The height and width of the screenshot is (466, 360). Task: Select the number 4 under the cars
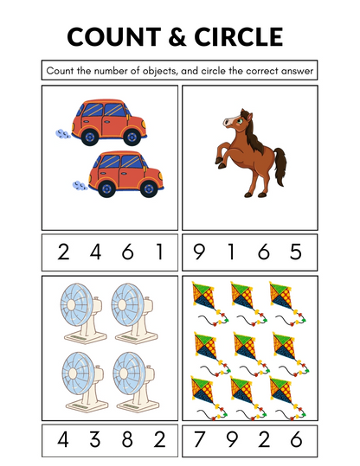(x=95, y=252)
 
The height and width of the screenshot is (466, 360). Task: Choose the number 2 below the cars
(x=62, y=252)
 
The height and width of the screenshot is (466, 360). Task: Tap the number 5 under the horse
(x=297, y=252)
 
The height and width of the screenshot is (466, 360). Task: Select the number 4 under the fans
(x=62, y=439)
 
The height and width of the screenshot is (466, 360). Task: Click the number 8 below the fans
(x=127, y=439)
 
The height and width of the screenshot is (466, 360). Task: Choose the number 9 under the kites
(x=232, y=439)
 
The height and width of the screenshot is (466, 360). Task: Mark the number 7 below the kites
(x=201, y=439)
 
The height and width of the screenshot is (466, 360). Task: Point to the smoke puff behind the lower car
(x=77, y=184)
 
